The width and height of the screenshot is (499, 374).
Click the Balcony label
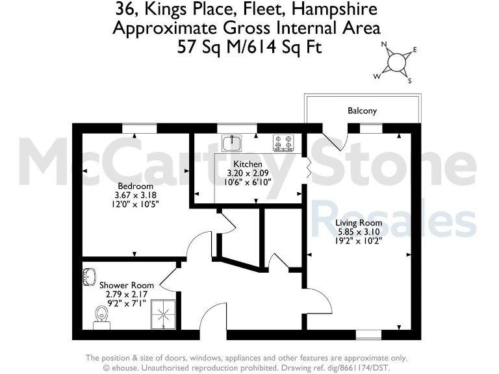pos(362,111)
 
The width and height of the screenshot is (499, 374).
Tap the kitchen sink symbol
pos(231,141)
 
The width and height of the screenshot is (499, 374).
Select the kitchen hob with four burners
pos(283,141)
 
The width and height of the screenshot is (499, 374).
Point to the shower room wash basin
pos(89,277)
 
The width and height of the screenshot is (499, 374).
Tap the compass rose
pos(396,62)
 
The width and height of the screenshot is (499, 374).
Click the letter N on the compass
pos(384,45)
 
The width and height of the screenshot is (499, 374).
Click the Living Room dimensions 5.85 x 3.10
pos(358,231)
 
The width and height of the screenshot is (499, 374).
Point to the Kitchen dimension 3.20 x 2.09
pos(248,173)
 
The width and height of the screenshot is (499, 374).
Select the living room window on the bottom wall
pos(368,334)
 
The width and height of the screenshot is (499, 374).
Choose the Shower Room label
pos(127,285)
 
